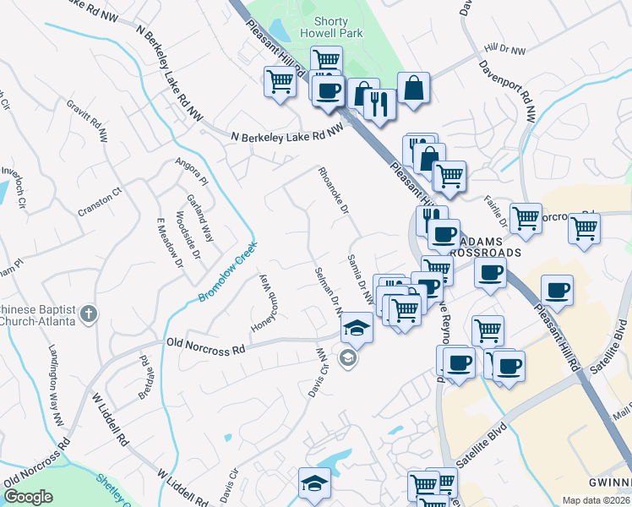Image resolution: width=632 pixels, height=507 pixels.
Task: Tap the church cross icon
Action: click(x=89, y=315)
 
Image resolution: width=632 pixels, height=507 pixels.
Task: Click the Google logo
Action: click(x=29, y=497)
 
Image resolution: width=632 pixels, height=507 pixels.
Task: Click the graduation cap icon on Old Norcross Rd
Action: click(x=357, y=329)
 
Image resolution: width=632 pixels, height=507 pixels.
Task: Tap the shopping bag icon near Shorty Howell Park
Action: click(x=414, y=88)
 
